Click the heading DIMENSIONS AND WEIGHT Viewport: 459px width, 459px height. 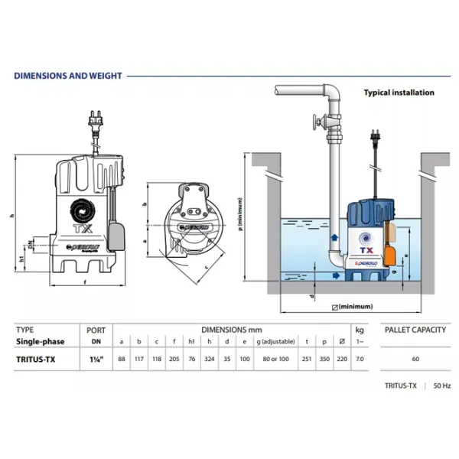[x=67, y=76]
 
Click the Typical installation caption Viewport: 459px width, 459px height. [x=398, y=93]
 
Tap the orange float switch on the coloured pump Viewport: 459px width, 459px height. [x=390, y=252]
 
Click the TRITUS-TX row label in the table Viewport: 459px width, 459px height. [x=35, y=358]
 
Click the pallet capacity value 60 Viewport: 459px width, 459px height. [x=414, y=358]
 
